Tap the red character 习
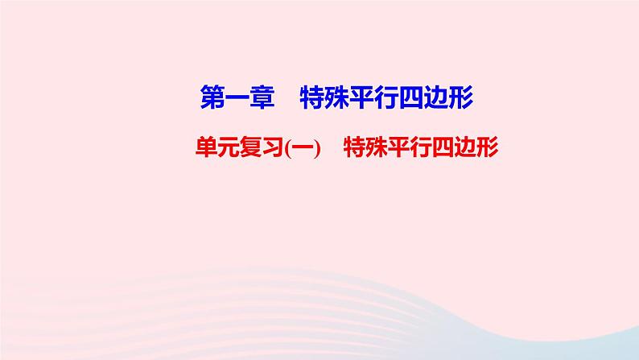click(275, 147)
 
